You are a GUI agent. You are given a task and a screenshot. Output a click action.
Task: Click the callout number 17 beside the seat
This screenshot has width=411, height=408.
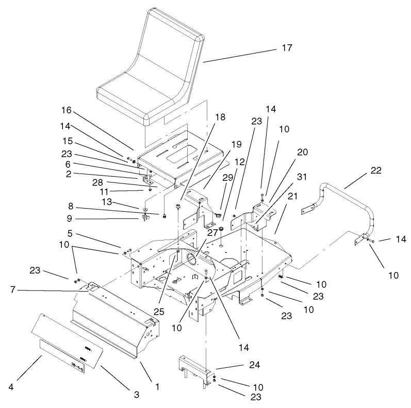point(287,48)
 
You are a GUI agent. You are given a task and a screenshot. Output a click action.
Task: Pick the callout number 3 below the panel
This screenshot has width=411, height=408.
point(137,395)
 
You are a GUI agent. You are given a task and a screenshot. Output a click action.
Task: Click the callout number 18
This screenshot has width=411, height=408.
point(220,117)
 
